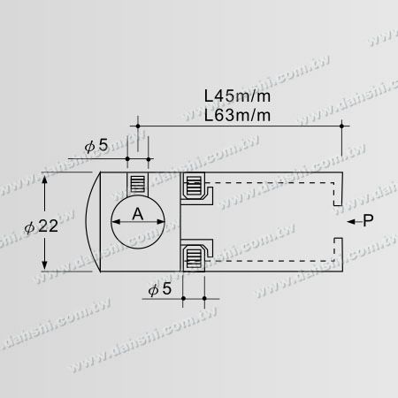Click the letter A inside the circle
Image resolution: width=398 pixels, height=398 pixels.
pos(137,214)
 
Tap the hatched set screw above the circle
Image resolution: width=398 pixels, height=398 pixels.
pos(136,185)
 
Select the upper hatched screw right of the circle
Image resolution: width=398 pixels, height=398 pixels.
pos(192,187)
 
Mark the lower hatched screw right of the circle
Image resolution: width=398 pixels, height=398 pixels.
pos(192,256)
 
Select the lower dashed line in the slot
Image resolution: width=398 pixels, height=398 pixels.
pos(265,264)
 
